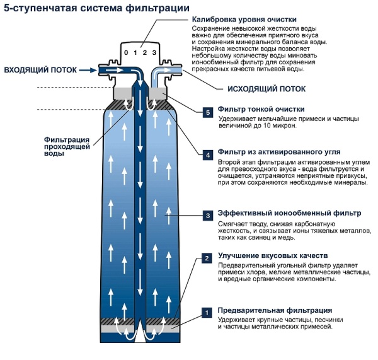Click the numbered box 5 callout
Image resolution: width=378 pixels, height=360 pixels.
pyautogui.click(x=207, y=112)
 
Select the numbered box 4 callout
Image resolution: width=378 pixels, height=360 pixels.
pyautogui.click(x=207, y=154)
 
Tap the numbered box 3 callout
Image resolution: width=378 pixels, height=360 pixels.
pyautogui.click(x=207, y=215)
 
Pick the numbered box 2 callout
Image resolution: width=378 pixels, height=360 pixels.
pyautogui.click(x=207, y=258)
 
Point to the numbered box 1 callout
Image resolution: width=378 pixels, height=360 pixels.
pyautogui.click(x=207, y=311)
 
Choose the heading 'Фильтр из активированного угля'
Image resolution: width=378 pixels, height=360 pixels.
pyautogui.click(x=279, y=152)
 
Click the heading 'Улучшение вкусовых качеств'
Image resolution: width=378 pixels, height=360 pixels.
pyautogui.click(x=272, y=257)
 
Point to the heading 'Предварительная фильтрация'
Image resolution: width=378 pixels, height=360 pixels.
pyautogui.click(x=275, y=310)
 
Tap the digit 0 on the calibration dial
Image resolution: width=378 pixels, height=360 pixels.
pyautogui.click(x=126, y=52)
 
